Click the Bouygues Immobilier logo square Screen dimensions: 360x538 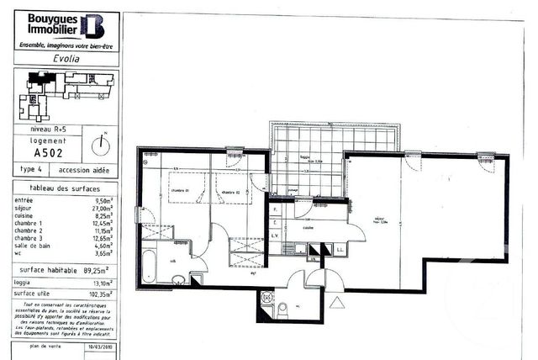[x=92, y=26]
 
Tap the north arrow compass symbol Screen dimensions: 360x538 [x=103, y=143]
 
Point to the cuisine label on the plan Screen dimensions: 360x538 [x=308, y=227]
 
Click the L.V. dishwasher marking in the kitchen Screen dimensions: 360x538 [x=276, y=237]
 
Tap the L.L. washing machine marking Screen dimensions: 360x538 [x=340, y=250]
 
